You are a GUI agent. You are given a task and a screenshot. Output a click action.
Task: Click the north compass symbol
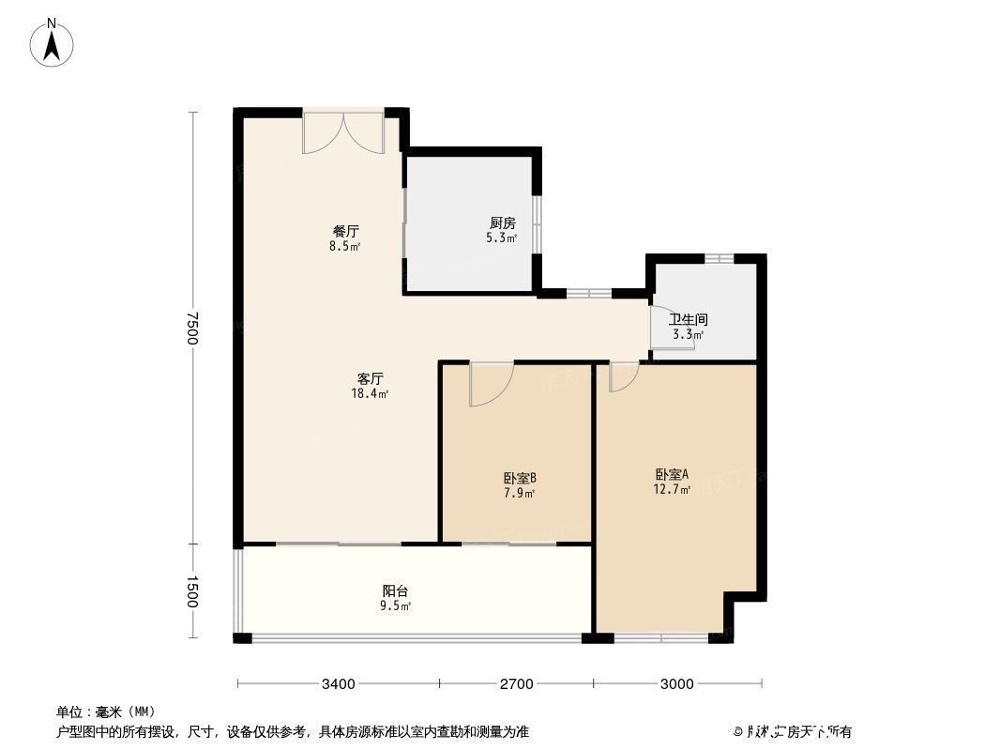tap(53, 43)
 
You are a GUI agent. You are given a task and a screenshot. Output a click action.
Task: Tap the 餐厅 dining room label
tap(345, 231)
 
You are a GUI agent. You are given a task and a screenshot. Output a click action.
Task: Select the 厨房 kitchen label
tap(502, 223)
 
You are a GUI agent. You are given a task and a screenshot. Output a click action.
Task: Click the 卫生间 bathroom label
tap(688, 319)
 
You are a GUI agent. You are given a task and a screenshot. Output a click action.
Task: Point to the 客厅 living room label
tap(370, 379)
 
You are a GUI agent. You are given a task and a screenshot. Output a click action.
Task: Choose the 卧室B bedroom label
tap(519, 478)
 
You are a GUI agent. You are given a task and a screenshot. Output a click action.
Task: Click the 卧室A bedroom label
tap(672, 474)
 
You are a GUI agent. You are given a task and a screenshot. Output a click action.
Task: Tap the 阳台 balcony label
tap(395, 590)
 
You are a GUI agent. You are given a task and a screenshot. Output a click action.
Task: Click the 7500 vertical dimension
tap(191, 328)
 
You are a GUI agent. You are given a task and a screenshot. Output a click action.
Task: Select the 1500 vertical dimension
tap(191, 591)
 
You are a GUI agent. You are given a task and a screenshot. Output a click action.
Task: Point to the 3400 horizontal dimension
tap(338, 684)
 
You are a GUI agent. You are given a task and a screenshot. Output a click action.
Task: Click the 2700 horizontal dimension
tap(516, 684)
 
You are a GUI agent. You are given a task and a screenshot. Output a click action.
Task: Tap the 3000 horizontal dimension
tap(676, 684)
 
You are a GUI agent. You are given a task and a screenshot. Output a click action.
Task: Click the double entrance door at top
tap(343, 133)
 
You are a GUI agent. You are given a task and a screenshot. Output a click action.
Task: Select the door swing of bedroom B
tap(490, 385)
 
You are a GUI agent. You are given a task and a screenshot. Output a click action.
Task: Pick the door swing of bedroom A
tap(623, 377)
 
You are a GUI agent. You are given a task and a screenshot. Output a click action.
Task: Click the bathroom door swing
tap(673, 330)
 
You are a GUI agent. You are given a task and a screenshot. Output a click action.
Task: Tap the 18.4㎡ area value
tap(370, 394)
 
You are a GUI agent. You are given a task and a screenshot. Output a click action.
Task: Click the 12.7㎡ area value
tap(672, 489)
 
